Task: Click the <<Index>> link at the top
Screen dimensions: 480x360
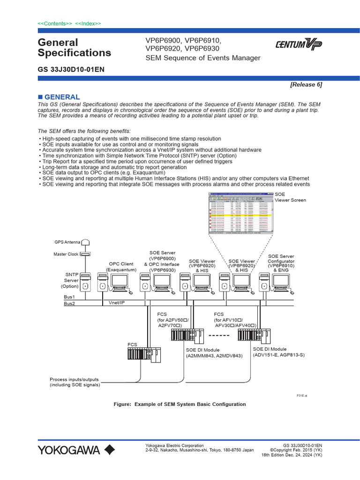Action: point(88,23)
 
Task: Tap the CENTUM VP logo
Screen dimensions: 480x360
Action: point(298,45)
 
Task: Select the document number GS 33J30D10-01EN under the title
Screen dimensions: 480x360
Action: point(71,69)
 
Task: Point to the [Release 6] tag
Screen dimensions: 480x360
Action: point(306,84)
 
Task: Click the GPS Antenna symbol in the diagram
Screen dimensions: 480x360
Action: point(85,242)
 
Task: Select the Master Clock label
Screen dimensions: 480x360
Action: point(66,254)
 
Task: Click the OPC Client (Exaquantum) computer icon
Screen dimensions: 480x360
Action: point(112,283)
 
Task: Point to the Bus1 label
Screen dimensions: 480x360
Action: point(69,297)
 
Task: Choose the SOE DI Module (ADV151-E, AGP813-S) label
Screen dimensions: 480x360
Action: point(278,352)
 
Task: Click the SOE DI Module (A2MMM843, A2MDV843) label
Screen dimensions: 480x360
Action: point(214,353)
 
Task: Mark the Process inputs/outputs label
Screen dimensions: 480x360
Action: point(75,382)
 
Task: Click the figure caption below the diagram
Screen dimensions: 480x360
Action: point(180,404)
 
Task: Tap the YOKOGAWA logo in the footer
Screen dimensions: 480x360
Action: point(76,450)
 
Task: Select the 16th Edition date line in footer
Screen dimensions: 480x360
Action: point(292,455)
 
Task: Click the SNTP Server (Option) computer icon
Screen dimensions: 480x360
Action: point(85,283)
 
